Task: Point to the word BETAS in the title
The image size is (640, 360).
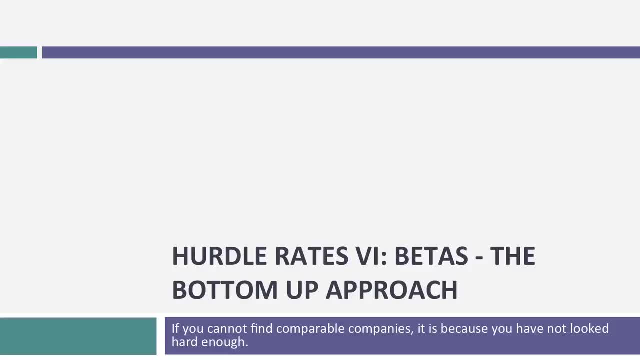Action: (x=430, y=256)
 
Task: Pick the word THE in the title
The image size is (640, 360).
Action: (x=512, y=256)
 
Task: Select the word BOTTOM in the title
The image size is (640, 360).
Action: (x=224, y=290)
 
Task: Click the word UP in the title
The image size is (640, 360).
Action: (x=302, y=290)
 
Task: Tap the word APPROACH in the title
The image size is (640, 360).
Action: (x=391, y=290)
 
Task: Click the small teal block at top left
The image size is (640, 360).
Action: (x=18, y=52)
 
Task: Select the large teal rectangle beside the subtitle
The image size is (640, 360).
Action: (x=78, y=336)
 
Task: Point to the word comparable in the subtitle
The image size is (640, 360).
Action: (x=310, y=329)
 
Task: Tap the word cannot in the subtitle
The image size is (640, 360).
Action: (x=227, y=329)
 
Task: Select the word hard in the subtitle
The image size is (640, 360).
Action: (x=184, y=342)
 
